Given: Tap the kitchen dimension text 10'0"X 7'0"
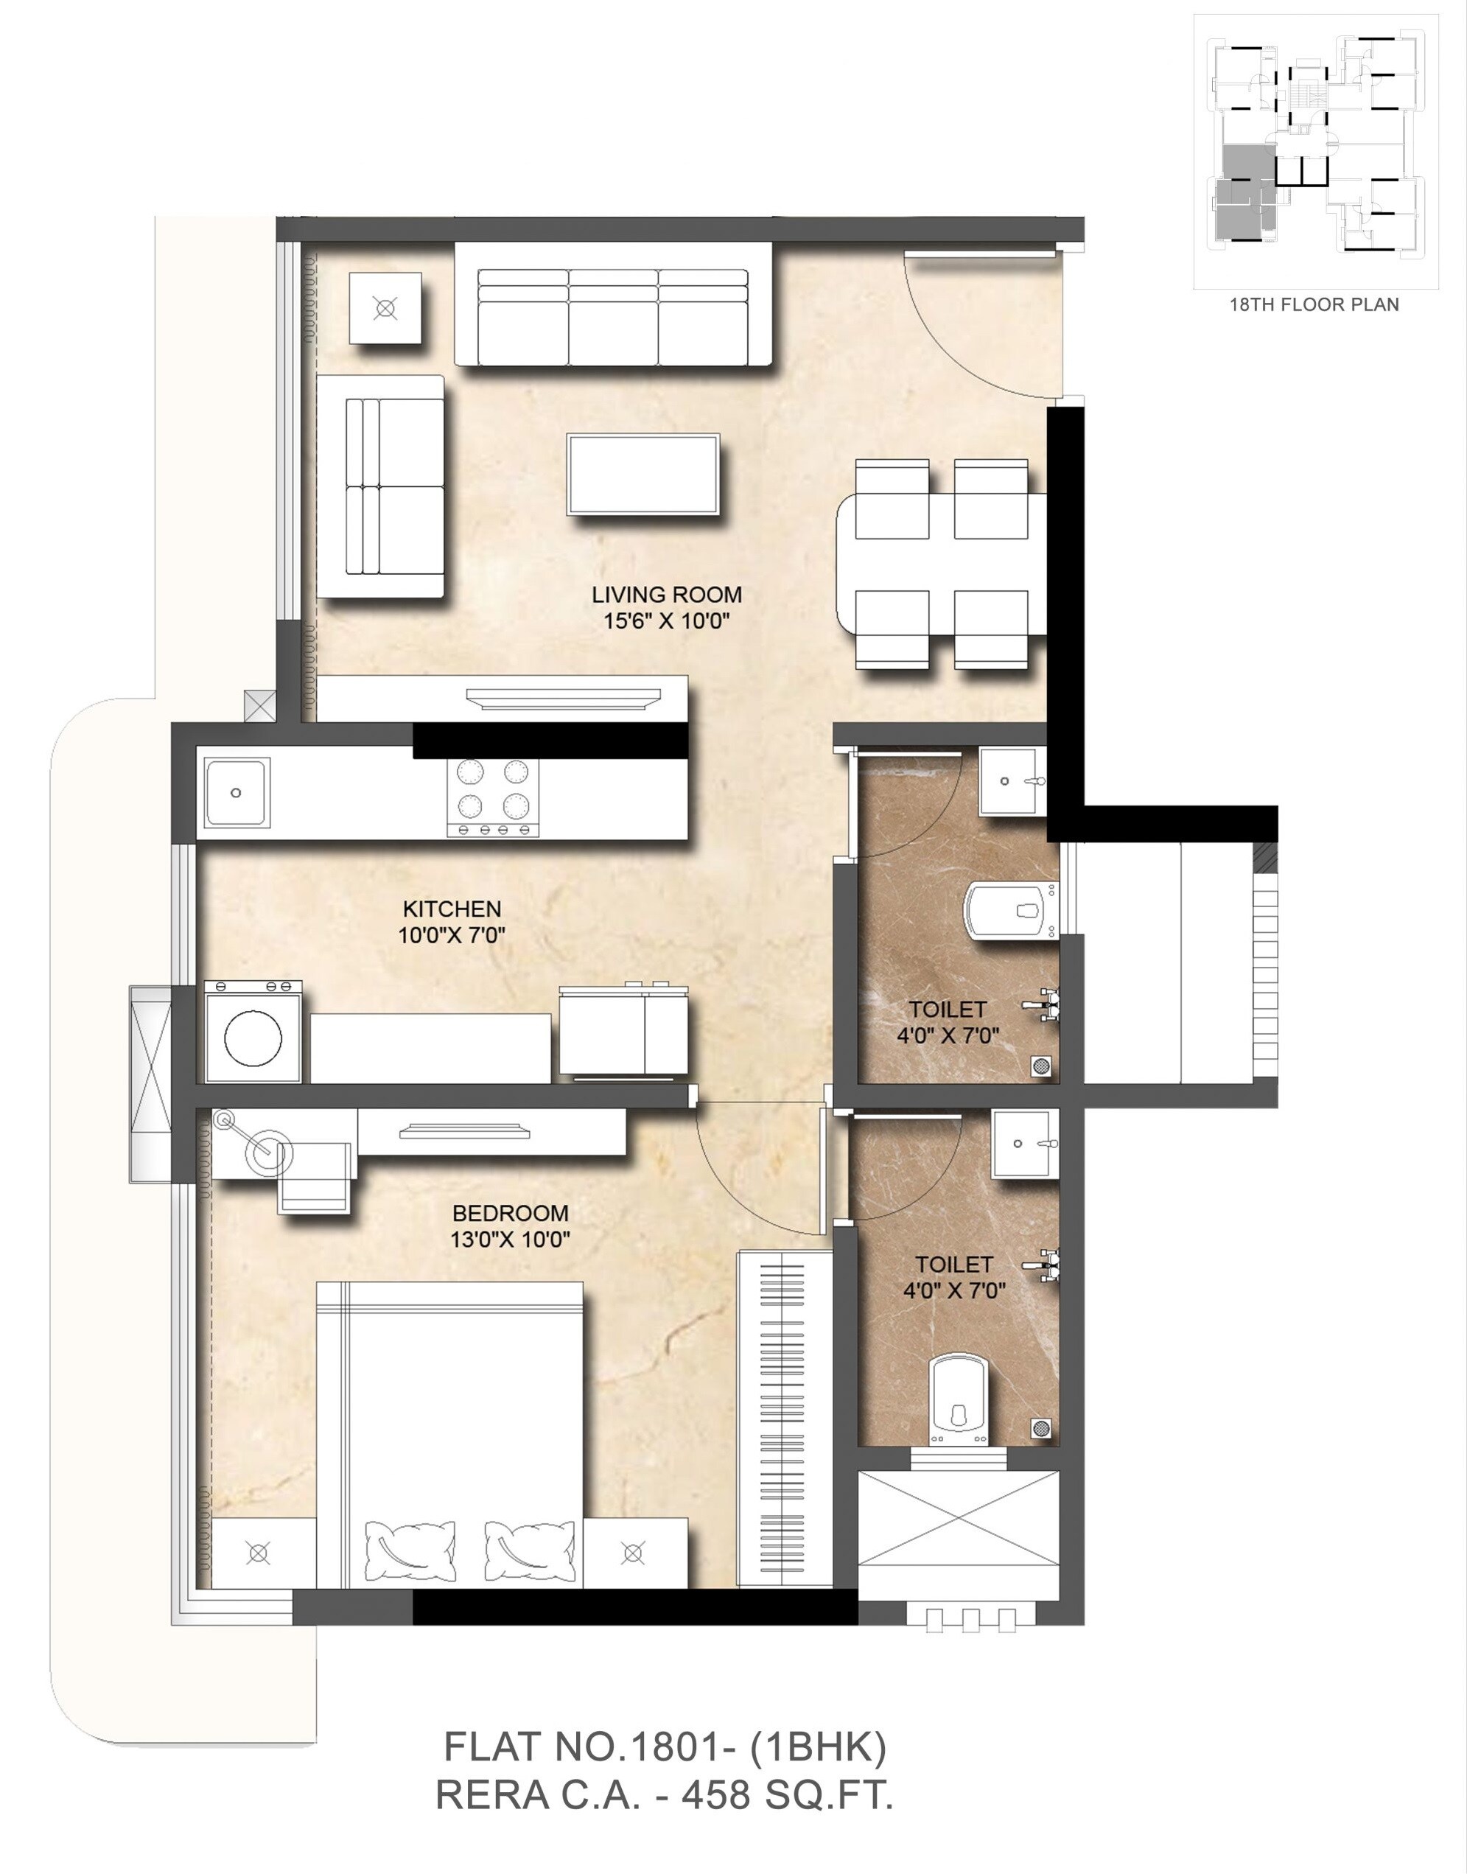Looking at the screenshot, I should click(x=451, y=935).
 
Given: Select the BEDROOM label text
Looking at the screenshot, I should click(x=510, y=1213).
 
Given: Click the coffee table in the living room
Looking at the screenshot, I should click(x=643, y=474).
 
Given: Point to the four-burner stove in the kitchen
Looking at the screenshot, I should click(x=493, y=795).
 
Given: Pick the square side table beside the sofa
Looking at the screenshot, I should click(x=385, y=308).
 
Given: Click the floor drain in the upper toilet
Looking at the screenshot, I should click(x=1041, y=1066).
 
